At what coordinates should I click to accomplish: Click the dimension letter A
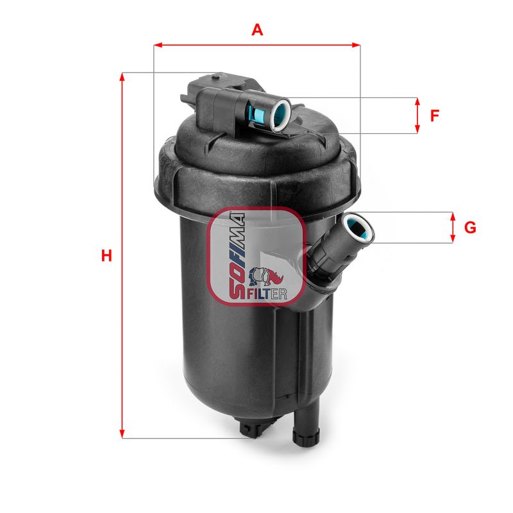point(257,29)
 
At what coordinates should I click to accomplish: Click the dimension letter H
point(106,256)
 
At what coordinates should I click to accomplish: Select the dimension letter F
point(435,116)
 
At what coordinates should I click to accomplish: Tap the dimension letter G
point(470,228)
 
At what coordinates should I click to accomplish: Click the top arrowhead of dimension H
point(122,76)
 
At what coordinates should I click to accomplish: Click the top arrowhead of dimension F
point(417,102)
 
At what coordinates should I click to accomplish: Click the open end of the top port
point(281,113)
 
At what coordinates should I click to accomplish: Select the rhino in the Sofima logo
point(265,276)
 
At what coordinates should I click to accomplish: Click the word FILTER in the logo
point(265,294)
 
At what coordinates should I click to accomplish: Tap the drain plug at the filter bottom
point(255,428)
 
